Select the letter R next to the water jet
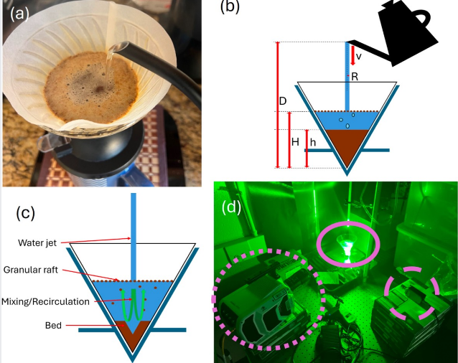(x=355, y=76)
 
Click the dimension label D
(x=284, y=103)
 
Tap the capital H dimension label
(x=294, y=142)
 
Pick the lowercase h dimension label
(x=313, y=142)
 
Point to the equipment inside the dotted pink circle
(x=267, y=301)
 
